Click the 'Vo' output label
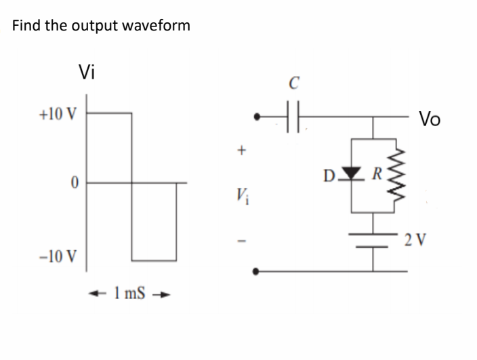click(x=429, y=120)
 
